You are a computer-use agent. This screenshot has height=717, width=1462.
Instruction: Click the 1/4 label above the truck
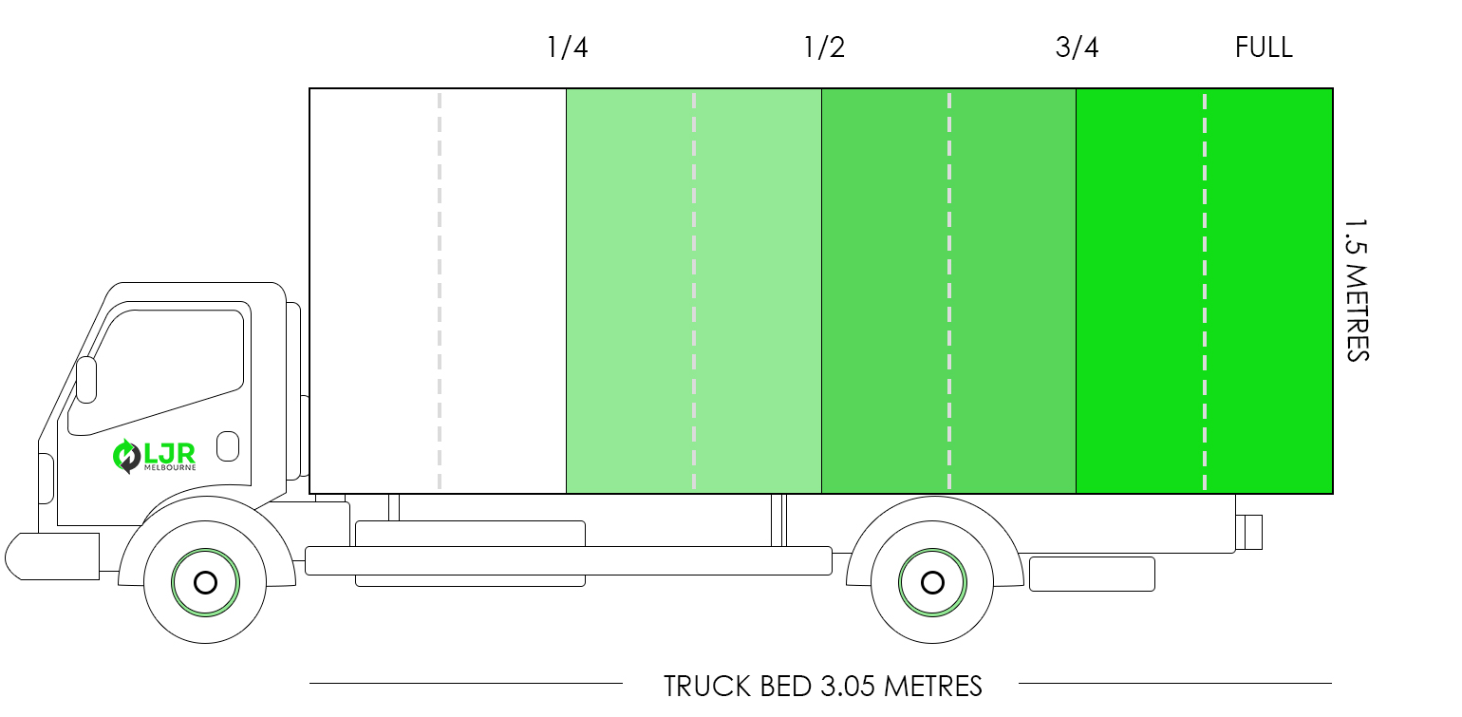567,47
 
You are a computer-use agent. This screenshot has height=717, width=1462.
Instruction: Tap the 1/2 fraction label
824,47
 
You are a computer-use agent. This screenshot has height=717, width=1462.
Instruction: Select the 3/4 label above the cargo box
1077,47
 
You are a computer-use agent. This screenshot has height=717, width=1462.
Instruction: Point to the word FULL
1264,47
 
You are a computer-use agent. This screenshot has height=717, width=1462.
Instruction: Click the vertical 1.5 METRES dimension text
1357,290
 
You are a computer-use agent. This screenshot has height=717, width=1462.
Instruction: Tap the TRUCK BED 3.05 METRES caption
822,687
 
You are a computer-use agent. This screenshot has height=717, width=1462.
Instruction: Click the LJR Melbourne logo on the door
154,456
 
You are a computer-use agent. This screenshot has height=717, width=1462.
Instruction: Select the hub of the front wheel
206,582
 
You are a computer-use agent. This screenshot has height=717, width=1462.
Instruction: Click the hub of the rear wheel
932,582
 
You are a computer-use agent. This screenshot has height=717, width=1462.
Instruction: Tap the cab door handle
227,446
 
